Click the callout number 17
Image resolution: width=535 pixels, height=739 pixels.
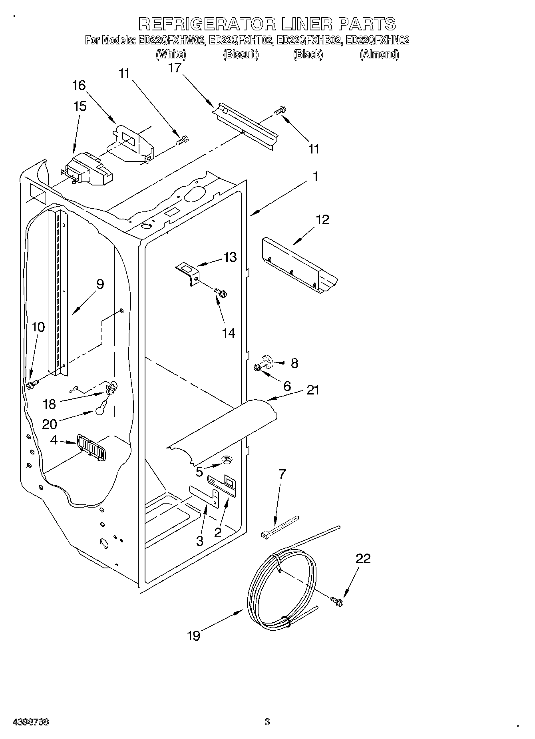[174, 68]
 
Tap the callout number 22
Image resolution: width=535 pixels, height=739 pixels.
[363, 558]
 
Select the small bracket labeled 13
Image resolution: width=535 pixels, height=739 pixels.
[187, 273]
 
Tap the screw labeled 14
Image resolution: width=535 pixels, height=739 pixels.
[220, 293]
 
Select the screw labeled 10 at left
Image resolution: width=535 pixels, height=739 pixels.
[32, 384]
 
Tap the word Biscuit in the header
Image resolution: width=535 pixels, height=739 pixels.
[241, 54]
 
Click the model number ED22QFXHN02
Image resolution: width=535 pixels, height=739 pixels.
[377, 40]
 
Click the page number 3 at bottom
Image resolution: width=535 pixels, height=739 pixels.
[267, 722]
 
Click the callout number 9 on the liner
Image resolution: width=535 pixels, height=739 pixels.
[99, 284]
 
